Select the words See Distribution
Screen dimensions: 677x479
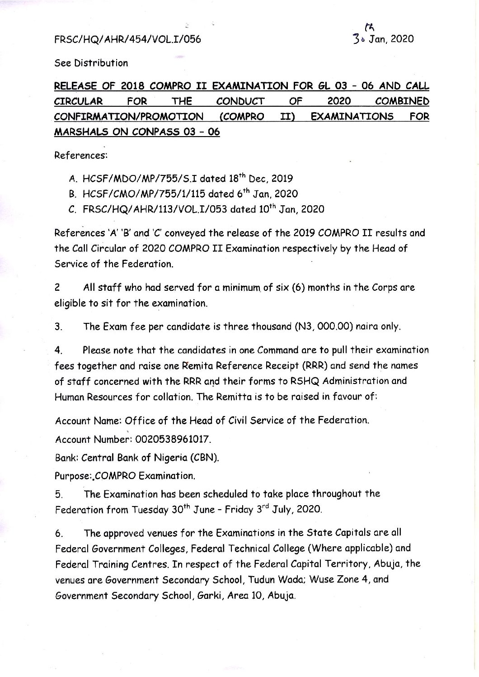tap(91, 63)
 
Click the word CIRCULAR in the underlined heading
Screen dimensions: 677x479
tap(78, 101)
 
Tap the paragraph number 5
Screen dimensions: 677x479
tap(58, 494)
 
